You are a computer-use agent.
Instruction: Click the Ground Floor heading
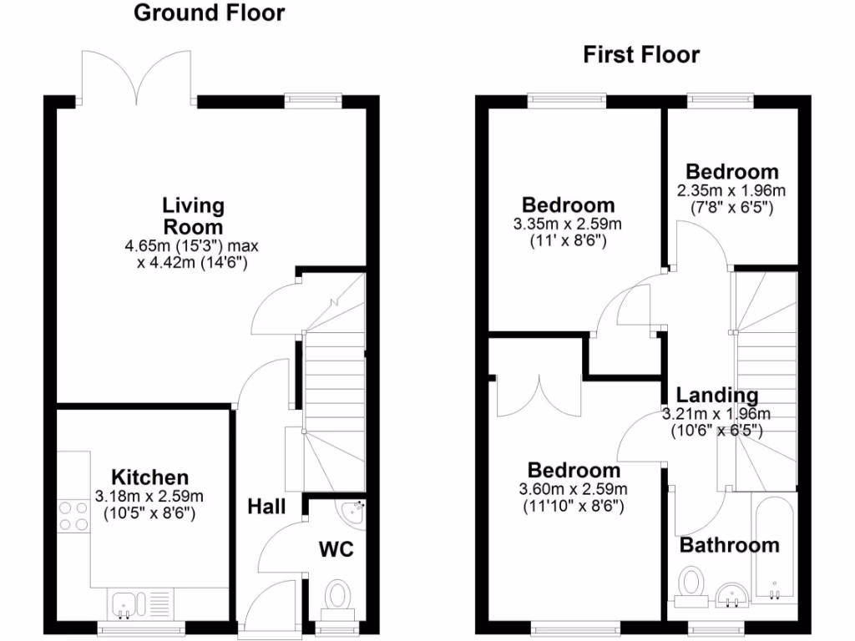tap(209, 13)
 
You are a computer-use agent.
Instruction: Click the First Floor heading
tap(640, 56)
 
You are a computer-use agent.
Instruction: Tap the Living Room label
tap(193, 215)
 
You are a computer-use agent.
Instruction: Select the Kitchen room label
tap(150, 477)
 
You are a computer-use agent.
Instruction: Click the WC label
tap(336, 549)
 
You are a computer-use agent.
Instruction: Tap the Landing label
tap(717, 396)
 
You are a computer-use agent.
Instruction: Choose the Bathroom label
tap(729, 546)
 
